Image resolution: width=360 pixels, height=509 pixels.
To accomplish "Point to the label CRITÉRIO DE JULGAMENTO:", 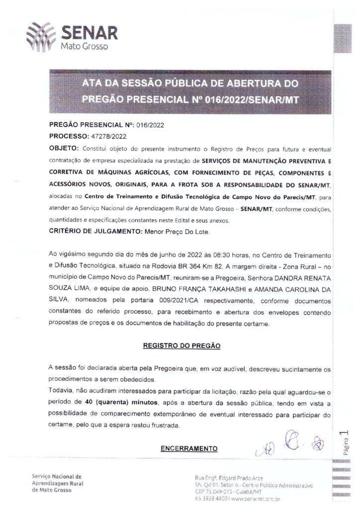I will point(95,231).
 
